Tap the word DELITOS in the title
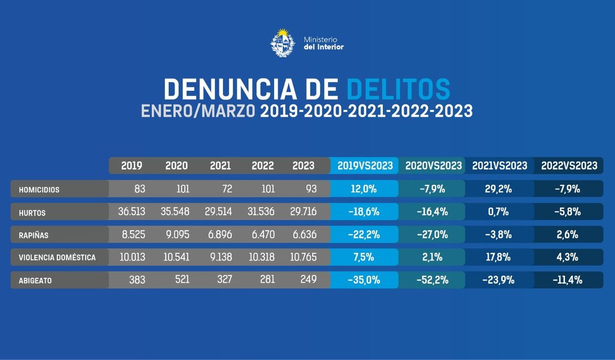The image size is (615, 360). pos(398,89)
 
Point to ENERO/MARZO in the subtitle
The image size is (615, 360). pos(199,111)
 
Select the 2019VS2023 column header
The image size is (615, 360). pos(364,166)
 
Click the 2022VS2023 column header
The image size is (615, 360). pos(569,166)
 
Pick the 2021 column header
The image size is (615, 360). pos(220,166)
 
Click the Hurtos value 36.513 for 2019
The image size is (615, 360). pos(132,211)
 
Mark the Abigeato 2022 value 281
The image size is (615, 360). pos(264,279)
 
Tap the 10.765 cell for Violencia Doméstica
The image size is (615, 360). pos(304,257)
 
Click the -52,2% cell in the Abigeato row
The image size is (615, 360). pos(433,280)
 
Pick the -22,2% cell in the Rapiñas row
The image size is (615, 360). pos(364,235)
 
